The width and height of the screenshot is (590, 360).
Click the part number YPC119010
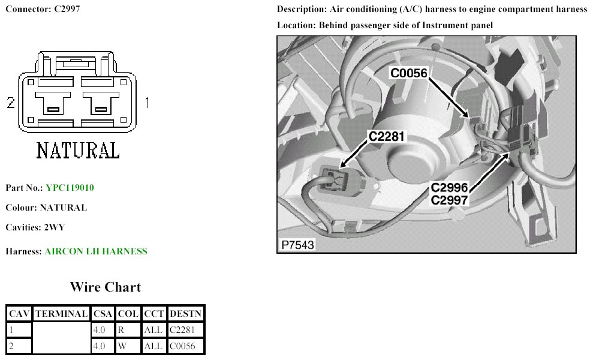pos(70,188)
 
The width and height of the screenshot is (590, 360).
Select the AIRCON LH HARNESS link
pos(95,251)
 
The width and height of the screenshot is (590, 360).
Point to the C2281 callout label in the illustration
pos(387,137)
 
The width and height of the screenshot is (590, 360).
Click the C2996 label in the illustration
pos(449,187)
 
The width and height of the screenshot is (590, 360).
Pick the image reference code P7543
pos(297,245)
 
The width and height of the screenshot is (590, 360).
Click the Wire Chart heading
pos(105,287)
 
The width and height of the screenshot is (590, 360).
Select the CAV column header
pos(19,313)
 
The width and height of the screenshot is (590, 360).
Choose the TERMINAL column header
pos(62,313)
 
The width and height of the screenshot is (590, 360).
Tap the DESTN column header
pos(186,313)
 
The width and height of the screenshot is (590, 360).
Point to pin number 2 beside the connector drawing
pos(10,103)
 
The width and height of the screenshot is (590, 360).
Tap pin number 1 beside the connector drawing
pos(147,103)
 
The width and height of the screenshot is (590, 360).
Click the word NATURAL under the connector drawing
pos(78,150)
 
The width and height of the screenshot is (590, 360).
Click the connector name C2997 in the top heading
pos(66,10)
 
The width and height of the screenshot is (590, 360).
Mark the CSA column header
pos(104,313)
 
